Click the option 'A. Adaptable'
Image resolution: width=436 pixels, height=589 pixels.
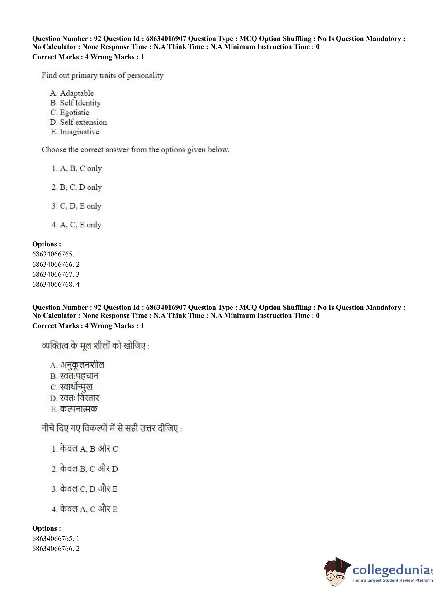(72, 93)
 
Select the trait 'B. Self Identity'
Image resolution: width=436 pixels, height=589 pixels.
(76, 103)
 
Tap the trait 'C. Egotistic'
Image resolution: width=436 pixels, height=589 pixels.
(70, 113)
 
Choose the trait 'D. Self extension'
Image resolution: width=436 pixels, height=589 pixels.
(78, 122)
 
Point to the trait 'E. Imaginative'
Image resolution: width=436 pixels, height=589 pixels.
(75, 132)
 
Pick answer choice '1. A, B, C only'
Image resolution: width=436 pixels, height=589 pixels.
(77, 169)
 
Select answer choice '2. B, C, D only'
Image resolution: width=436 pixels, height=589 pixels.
(77, 187)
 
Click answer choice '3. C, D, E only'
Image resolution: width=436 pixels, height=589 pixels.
(76, 206)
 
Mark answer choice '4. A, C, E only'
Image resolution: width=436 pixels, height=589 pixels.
(76, 225)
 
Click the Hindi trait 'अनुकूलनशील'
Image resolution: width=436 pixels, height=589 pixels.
(82, 365)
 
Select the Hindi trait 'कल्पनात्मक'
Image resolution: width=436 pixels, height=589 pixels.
(79, 409)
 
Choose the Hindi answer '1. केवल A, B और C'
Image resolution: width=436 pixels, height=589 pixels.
(85, 449)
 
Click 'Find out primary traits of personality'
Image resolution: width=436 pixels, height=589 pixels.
(102, 76)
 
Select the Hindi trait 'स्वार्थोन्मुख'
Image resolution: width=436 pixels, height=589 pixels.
(76, 387)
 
